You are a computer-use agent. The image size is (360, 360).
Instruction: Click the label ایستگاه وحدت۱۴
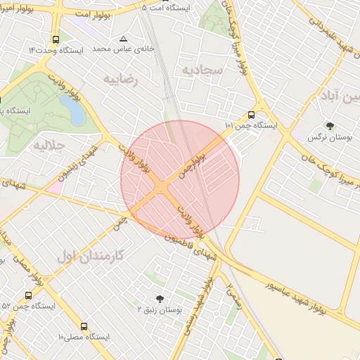click(x=56, y=51)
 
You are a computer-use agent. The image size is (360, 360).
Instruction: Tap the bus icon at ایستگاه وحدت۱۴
click(x=56, y=39)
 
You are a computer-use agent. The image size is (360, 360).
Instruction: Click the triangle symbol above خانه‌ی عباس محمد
click(x=124, y=39)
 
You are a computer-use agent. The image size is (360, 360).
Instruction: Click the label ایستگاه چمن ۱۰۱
click(x=251, y=125)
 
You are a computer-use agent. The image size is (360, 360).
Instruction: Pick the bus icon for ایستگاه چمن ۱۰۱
click(x=251, y=115)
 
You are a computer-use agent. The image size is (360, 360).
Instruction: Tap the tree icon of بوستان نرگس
click(x=330, y=126)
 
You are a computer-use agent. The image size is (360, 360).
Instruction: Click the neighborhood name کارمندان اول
click(x=90, y=256)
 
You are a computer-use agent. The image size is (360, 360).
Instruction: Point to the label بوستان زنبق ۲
click(x=159, y=310)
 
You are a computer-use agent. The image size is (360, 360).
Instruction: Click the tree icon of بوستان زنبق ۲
click(x=159, y=298)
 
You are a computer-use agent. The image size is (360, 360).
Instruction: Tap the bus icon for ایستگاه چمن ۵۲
click(x=28, y=295)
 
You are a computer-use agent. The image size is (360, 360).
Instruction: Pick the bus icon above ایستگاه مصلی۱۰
click(x=84, y=327)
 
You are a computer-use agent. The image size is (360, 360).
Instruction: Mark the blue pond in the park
click(x=70, y=108)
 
